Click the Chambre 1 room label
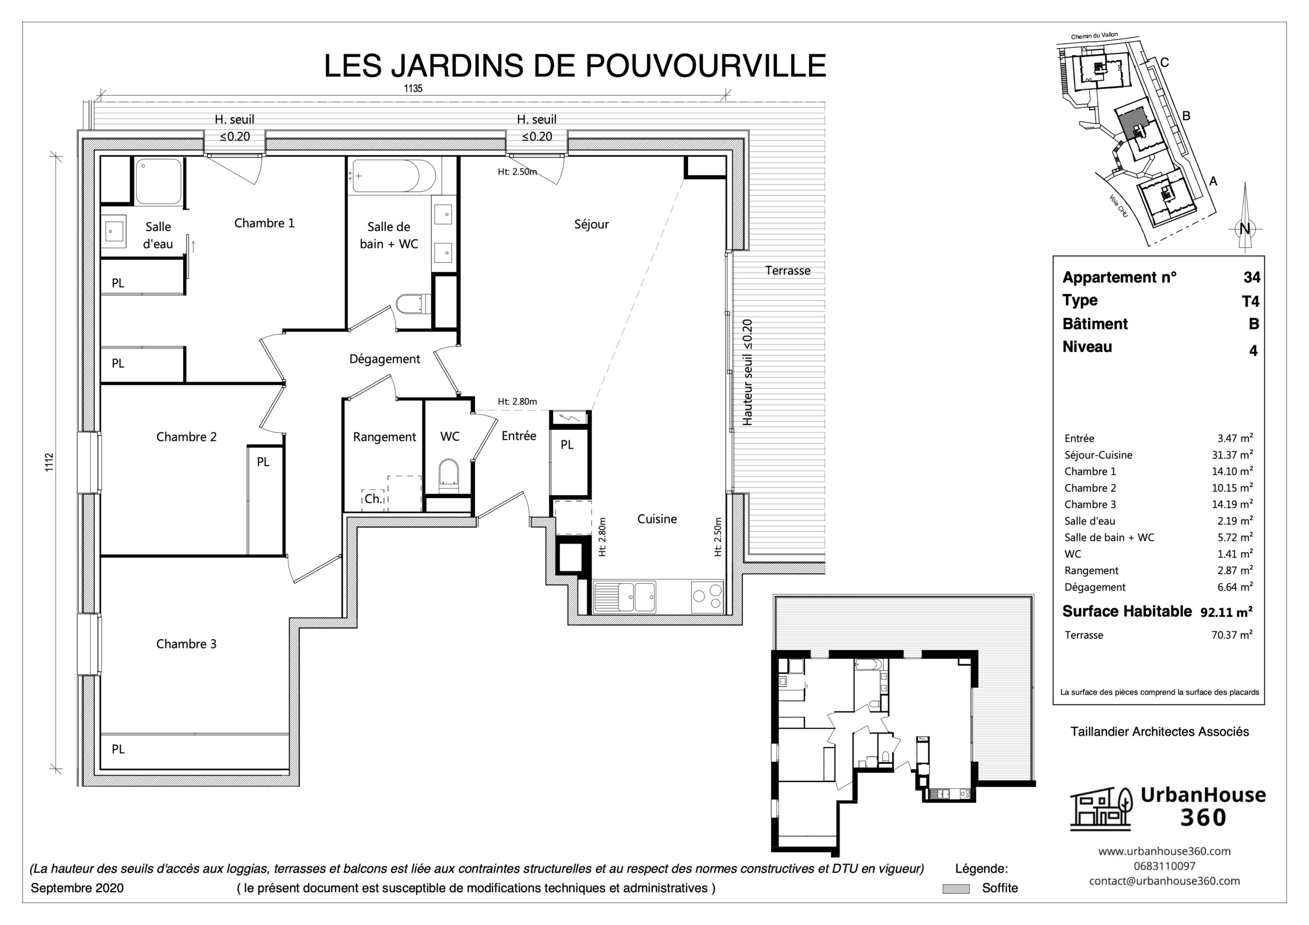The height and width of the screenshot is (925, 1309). point(264,223)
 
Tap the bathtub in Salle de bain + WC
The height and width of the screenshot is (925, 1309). point(393,175)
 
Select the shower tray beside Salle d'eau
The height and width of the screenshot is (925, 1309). point(159,181)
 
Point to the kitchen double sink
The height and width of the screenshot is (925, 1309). point(625,597)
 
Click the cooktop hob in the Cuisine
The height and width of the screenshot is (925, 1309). point(707,596)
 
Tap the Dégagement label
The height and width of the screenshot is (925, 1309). point(384,359)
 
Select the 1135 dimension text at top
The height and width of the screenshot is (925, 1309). point(413,88)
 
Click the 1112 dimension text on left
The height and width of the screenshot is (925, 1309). point(49,462)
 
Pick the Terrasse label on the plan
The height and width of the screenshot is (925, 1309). point(787,271)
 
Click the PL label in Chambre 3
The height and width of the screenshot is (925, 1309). point(118,749)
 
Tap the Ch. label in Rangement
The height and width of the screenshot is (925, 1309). point(373,499)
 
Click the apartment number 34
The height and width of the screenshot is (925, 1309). point(1251,277)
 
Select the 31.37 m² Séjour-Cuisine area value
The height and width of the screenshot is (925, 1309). point(1232,455)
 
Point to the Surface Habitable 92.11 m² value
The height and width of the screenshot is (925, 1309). point(1226,612)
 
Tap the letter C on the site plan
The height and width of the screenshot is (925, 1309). point(1165,63)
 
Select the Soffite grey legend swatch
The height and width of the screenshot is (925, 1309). point(956,888)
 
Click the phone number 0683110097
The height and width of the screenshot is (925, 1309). point(1164,866)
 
